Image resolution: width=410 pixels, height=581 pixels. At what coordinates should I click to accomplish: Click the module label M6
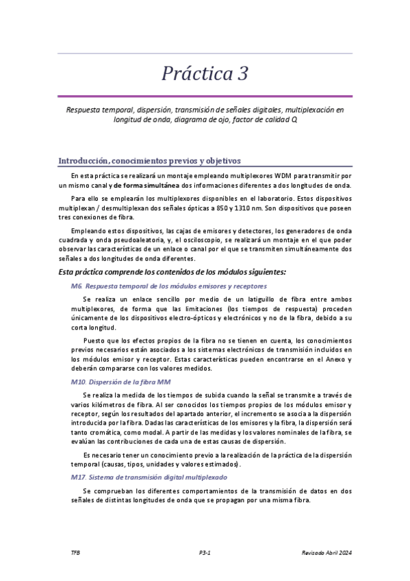pyautogui.click(x=76, y=285)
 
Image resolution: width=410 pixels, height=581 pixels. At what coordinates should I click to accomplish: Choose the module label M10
pyautogui.click(x=77, y=381)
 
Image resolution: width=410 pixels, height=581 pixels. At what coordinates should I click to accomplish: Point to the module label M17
pyautogui.click(x=77, y=476)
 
